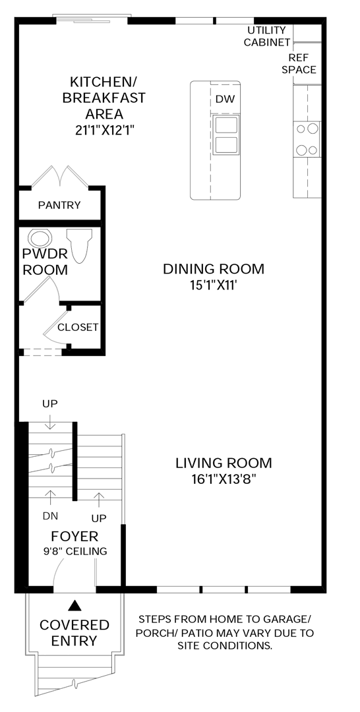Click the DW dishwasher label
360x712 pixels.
pos(225,99)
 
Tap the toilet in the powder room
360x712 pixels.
pos(79,245)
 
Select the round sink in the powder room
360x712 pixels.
pos(40,238)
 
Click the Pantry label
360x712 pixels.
pos(59,205)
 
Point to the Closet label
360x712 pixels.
pos(78,327)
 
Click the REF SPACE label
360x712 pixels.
pos(299,63)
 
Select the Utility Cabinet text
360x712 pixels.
pos(267,36)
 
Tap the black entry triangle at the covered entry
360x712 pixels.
pos(75,605)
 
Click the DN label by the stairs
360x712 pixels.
pos(50,516)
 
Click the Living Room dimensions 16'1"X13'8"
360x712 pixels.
pos(224,479)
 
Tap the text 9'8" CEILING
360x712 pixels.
pos(75,551)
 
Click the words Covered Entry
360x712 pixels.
pos(75,632)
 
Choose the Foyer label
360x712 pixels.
pos(75,536)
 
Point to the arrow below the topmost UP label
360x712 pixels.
pos(50,421)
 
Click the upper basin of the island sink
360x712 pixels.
pos(225,124)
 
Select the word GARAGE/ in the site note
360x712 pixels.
pos(291,619)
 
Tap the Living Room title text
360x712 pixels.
pos(224,463)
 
